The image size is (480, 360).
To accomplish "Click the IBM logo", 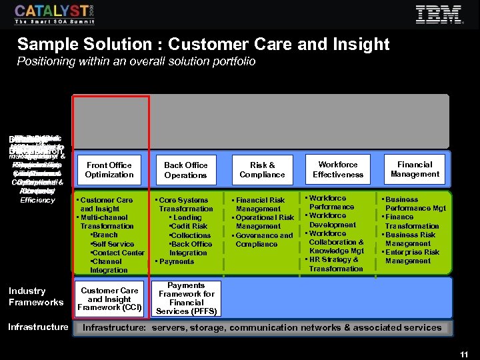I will pyautogui.click(x=439, y=15).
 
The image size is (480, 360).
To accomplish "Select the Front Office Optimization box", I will pyautogui.click(x=109, y=170).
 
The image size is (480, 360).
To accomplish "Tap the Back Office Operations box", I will pyautogui.click(x=185, y=170).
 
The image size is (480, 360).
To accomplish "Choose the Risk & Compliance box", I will pyautogui.click(x=262, y=170).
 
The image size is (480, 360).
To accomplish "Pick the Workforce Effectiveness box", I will pyautogui.click(x=338, y=169).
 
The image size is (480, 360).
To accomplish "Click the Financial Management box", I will pyautogui.click(x=415, y=169).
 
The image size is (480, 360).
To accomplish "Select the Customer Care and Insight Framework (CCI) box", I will pyautogui.click(x=109, y=299).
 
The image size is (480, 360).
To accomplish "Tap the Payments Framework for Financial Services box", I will pyautogui.click(x=186, y=299).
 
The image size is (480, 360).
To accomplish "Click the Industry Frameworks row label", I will pyautogui.click(x=36, y=297).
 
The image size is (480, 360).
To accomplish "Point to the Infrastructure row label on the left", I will pyautogui.click(x=38, y=327).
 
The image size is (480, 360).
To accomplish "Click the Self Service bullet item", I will pyautogui.click(x=114, y=244).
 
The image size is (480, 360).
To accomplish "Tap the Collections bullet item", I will pyautogui.click(x=190, y=235).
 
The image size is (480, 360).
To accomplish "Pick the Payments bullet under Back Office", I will pyautogui.click(x=176, y=261).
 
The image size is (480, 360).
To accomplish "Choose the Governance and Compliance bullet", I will pyautogui.click(x=264, y=239).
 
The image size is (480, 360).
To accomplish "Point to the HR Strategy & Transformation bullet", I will pyautogui.click(x=335, y=264).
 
